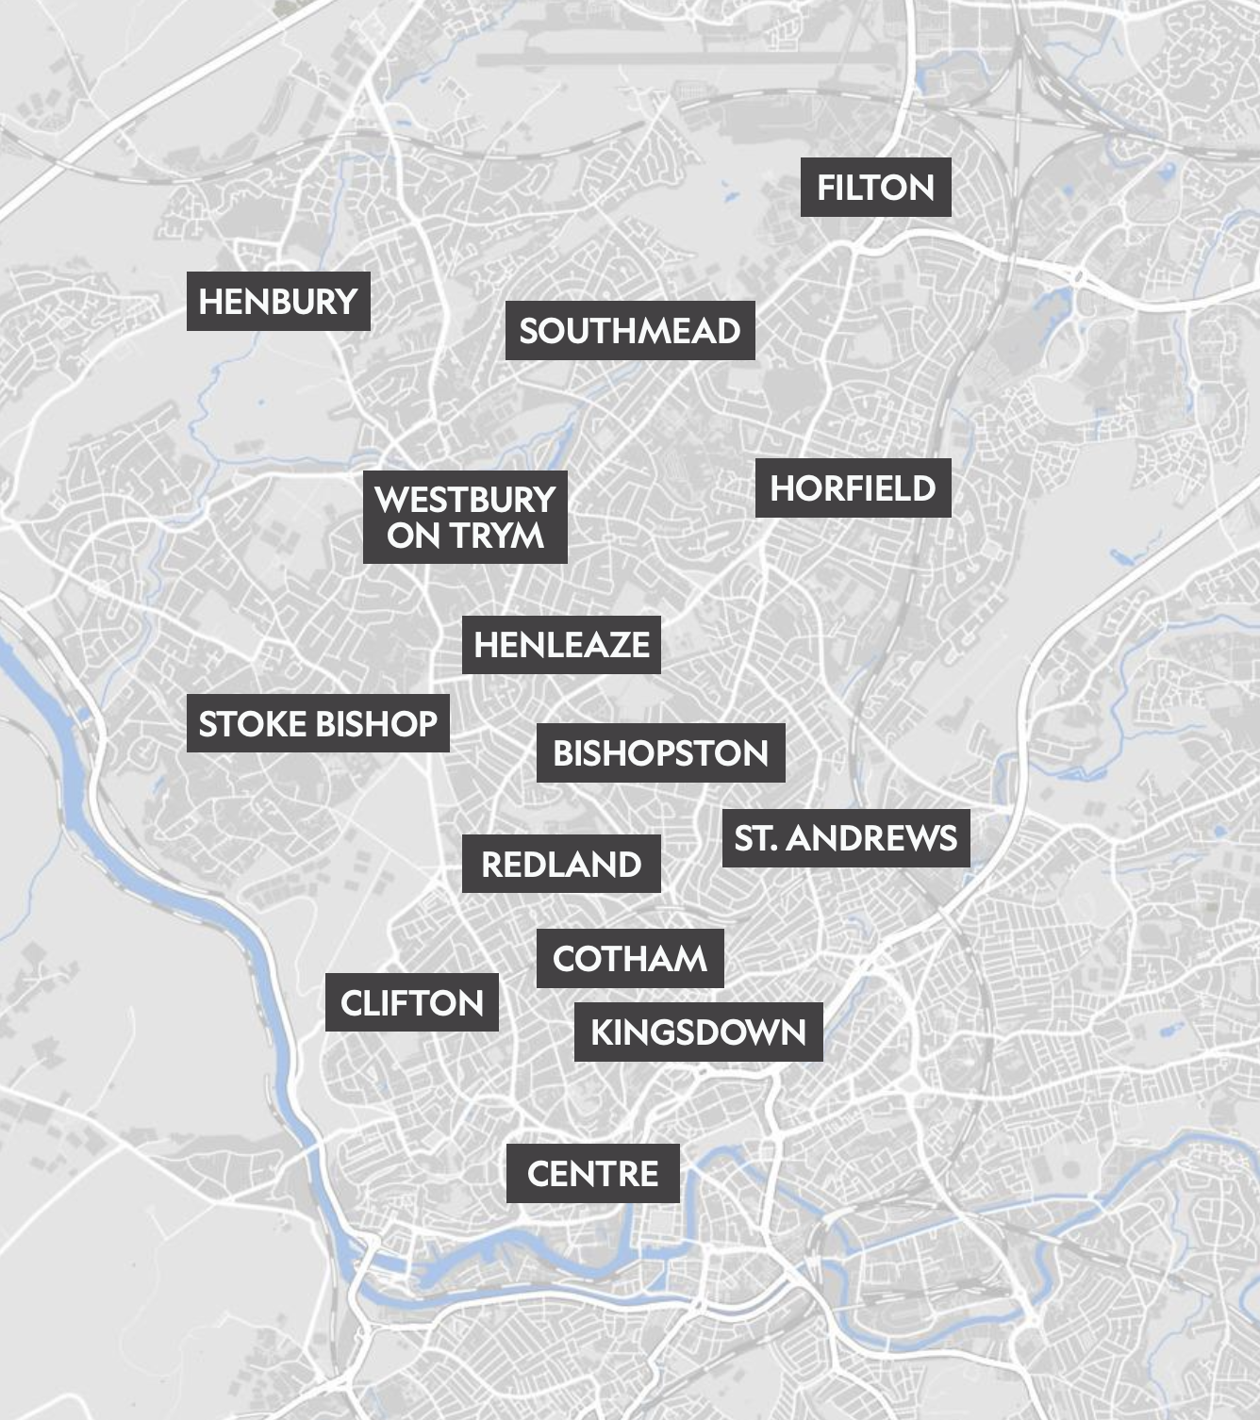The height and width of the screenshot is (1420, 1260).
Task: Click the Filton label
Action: click(875, 188)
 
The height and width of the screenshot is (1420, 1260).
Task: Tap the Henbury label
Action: click(278, 302)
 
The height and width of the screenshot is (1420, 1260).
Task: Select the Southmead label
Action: click(630, 331)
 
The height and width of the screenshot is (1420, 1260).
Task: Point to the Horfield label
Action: click(853, 488)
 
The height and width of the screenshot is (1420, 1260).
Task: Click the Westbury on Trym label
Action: click(465, 517)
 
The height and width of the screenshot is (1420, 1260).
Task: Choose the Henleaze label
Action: click(561, 645)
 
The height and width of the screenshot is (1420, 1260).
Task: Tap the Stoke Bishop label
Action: click(318, 724)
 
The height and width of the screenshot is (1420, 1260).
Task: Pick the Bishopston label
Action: click(660, 753)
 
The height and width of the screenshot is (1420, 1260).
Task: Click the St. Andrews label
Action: click(846, 838)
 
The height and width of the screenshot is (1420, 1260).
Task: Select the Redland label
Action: click(561, 864)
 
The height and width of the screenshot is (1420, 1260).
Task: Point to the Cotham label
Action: click(630, 959)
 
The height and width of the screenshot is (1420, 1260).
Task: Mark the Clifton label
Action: click(411, 1003)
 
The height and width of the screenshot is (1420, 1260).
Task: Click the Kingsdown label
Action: click(698, 1032)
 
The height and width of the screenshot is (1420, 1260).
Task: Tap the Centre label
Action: click(592, 1174)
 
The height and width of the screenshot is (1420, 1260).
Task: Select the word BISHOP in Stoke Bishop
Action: click(376, 724)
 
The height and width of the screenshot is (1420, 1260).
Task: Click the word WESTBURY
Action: click(465, 499)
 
